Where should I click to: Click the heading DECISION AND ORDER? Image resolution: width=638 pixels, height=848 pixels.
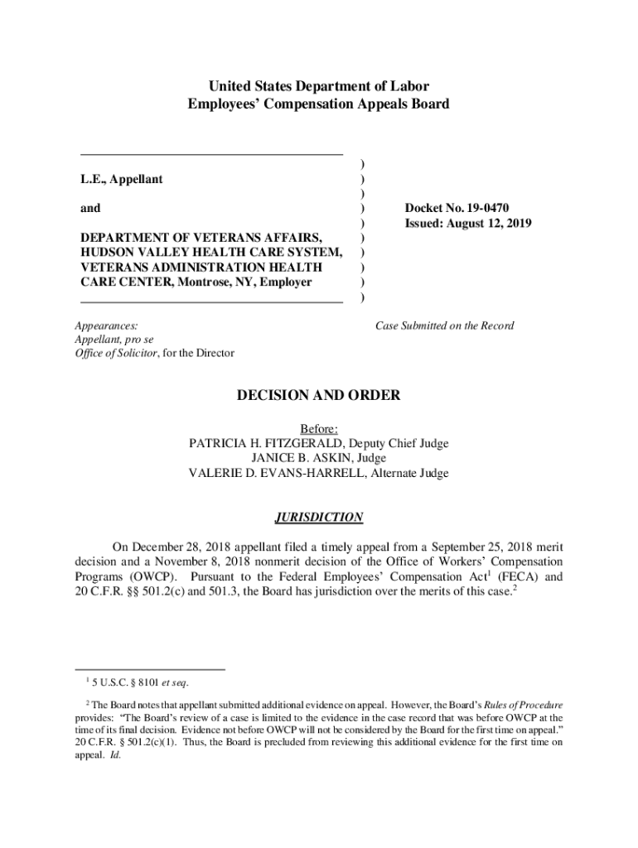tap(318, 396)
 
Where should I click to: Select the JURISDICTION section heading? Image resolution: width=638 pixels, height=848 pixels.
tap(318, 518)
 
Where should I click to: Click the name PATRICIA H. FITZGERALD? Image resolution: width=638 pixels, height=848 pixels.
tap(262, 443)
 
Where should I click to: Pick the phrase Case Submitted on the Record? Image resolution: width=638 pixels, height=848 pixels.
tap(444, 325)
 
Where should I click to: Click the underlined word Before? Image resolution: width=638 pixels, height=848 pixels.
tap(318, 428)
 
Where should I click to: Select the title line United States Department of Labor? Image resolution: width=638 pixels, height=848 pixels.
tap(318, 86)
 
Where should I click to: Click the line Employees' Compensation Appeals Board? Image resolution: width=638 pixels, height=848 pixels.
tap(318, 104)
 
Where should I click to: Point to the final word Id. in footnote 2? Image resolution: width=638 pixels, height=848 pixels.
tap(115, 755)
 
